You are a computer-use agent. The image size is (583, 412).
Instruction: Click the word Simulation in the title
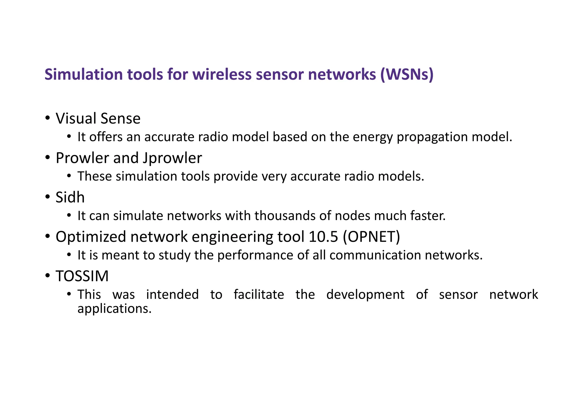pos(83,74)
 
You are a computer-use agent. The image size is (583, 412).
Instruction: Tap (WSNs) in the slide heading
pos(407,74)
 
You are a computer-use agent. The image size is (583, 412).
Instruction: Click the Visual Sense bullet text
pos(98,118)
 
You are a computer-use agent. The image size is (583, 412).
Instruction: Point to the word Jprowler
pos(172,158)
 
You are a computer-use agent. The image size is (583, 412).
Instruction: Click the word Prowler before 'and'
pos(82,158)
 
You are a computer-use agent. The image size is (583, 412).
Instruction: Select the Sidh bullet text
pos(70,197)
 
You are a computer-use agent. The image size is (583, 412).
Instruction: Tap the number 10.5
pos(323,237)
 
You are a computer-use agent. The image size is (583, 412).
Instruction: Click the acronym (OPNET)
pos(371,237)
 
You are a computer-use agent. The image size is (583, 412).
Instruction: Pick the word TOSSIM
pos(82,276)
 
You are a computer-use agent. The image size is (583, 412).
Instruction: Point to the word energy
pos(373,137)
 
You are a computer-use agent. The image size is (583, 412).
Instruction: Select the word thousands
pos(285,216)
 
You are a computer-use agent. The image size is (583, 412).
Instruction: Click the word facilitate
pos(259,294)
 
